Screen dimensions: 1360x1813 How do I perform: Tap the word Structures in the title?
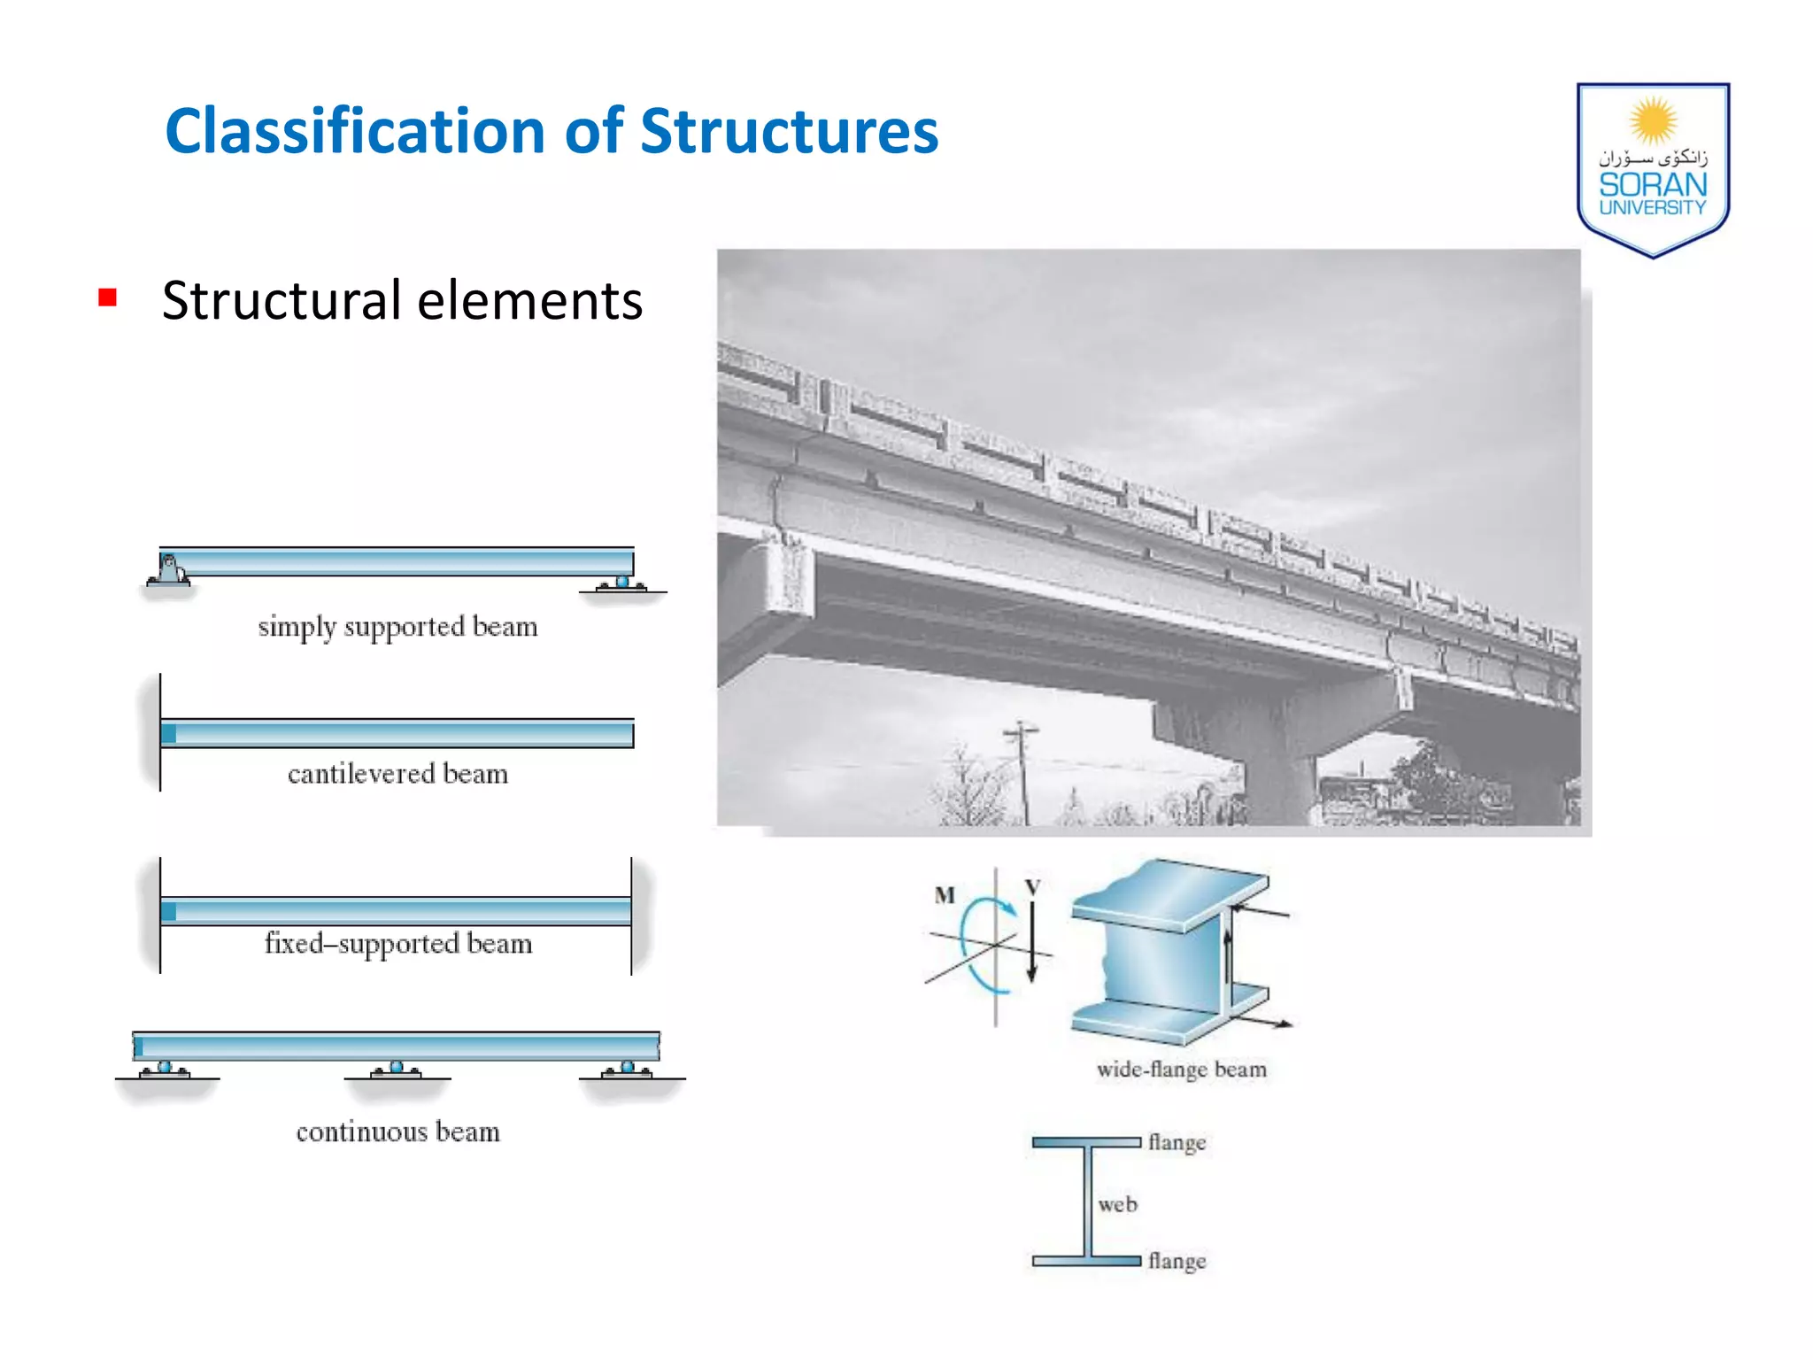(x=789, y=132)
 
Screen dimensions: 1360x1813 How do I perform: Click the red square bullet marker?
(x=108, y=297)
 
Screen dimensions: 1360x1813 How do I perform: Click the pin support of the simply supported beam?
(x=169, y=571)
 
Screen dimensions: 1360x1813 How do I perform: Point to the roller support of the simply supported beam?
(x=622, y=583)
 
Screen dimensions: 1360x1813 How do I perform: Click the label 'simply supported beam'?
(x=397, y=628)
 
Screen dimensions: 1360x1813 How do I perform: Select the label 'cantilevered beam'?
(x=397, y=775)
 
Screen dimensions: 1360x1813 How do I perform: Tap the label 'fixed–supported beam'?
(x=397, y=944)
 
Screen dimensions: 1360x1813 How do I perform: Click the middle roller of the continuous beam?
(x=397, y=1069)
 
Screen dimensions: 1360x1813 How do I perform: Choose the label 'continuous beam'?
(x=397, y=1132)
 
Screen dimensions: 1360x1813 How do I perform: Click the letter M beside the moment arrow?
(x=945, y=895)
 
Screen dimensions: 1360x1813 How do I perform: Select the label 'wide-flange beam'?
(x=1182, y=1070)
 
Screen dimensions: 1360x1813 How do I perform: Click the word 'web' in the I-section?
(x=1117, y=1204)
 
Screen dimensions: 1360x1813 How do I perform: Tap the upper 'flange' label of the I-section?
(x=1177, y=1143)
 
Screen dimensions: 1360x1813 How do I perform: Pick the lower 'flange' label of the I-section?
(x=1177, y=1261)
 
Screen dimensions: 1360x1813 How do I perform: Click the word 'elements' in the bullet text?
(x=529, y=301)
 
